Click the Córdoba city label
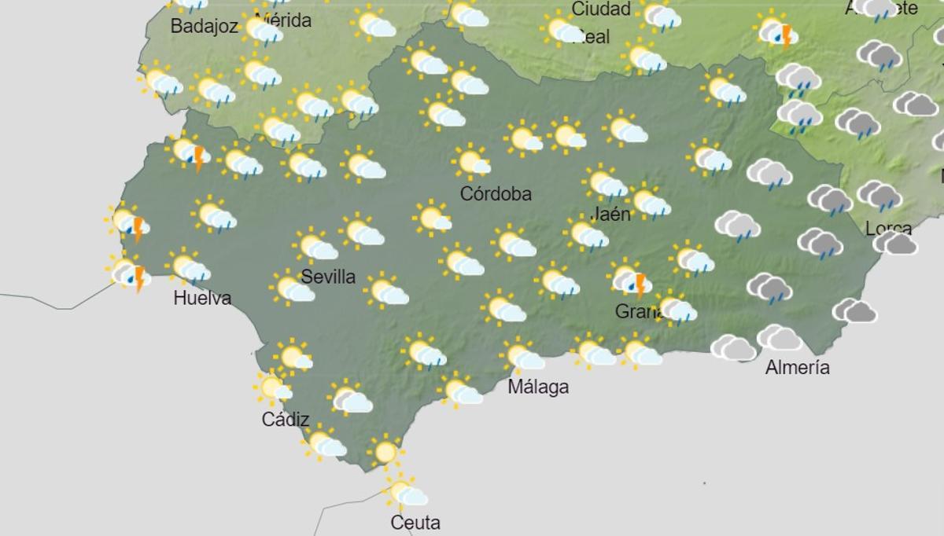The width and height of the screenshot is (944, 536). [x=496, y=193]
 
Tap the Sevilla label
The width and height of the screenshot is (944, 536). [x=328, y=277]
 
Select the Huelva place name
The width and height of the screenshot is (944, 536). [x=202, y=298]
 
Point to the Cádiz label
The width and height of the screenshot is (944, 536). [x=286, y=420]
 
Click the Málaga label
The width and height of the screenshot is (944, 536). [x=538, y=387]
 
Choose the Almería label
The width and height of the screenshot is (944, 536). [x=797, y=367]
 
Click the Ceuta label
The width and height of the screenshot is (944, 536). [x=415, y=523]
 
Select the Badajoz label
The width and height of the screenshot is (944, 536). [x=204, y=27]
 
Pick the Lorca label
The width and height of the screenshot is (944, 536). [x=888, y=229]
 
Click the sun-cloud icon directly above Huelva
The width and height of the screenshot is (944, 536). [x=189, y=268]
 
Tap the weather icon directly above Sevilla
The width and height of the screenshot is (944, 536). [x=317, y=247]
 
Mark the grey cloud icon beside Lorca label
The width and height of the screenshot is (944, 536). [x=895, y=243]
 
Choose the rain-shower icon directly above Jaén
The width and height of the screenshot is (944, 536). [x=606, y=185]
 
